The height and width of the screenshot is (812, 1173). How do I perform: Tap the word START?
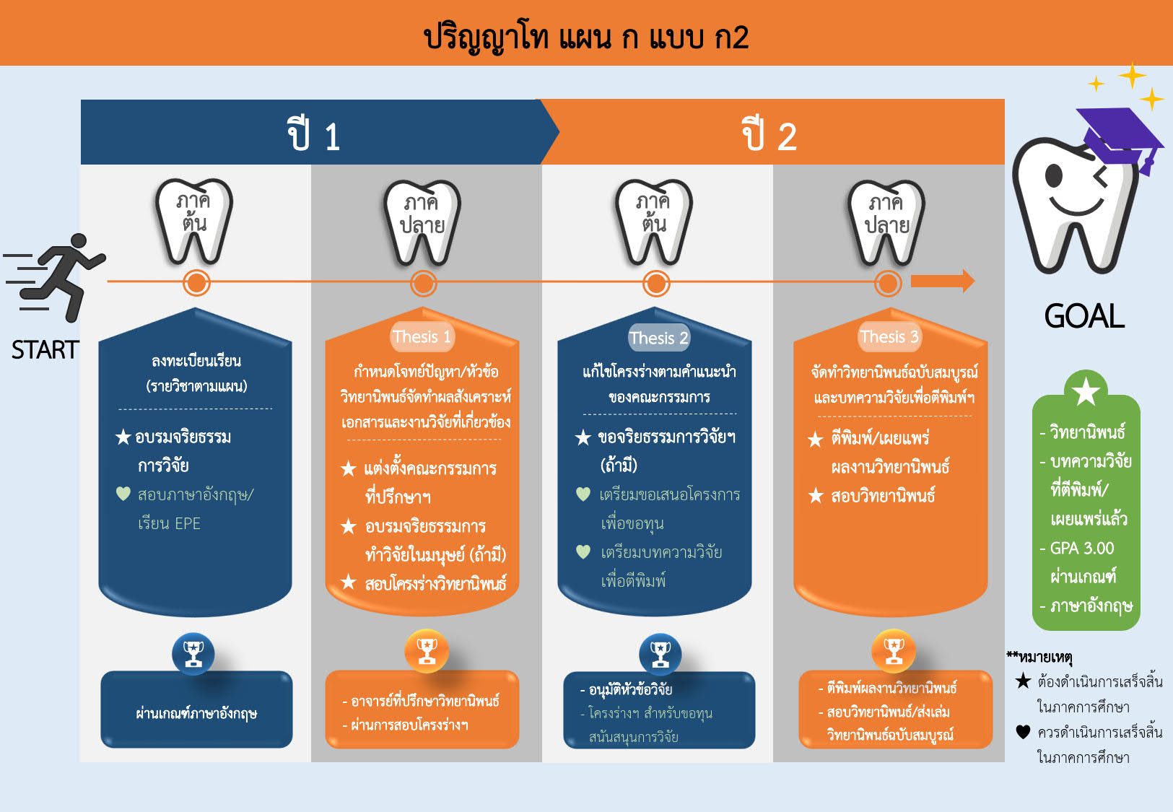(45, 350)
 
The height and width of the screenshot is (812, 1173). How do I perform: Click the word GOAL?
(1084, 315)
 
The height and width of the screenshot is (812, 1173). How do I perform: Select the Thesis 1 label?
(422, 336)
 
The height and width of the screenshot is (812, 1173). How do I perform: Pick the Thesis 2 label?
(659, 338)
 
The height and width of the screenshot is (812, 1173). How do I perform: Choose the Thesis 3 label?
(890, 336)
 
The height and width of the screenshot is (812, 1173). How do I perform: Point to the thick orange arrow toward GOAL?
(943, 281)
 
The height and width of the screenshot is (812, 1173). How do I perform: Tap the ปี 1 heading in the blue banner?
(314, 134)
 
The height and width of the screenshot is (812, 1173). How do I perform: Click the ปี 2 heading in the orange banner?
(769, 134)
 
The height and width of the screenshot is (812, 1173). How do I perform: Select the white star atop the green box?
(1086, 392)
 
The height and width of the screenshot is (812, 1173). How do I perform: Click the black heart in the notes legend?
(1023, 731)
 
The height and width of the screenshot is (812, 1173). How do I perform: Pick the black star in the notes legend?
(1023, 681)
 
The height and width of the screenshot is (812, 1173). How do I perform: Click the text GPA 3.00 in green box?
(1082, 548)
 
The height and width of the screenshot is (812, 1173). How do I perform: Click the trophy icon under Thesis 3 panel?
(894, 651)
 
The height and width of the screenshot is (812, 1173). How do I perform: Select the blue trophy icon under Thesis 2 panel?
(660, 654)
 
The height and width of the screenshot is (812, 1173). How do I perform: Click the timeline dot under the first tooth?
(196, 283)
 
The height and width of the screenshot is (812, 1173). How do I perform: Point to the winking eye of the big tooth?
(1101, 177)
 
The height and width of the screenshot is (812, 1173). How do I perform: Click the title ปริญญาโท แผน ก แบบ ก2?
(586, 37)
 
